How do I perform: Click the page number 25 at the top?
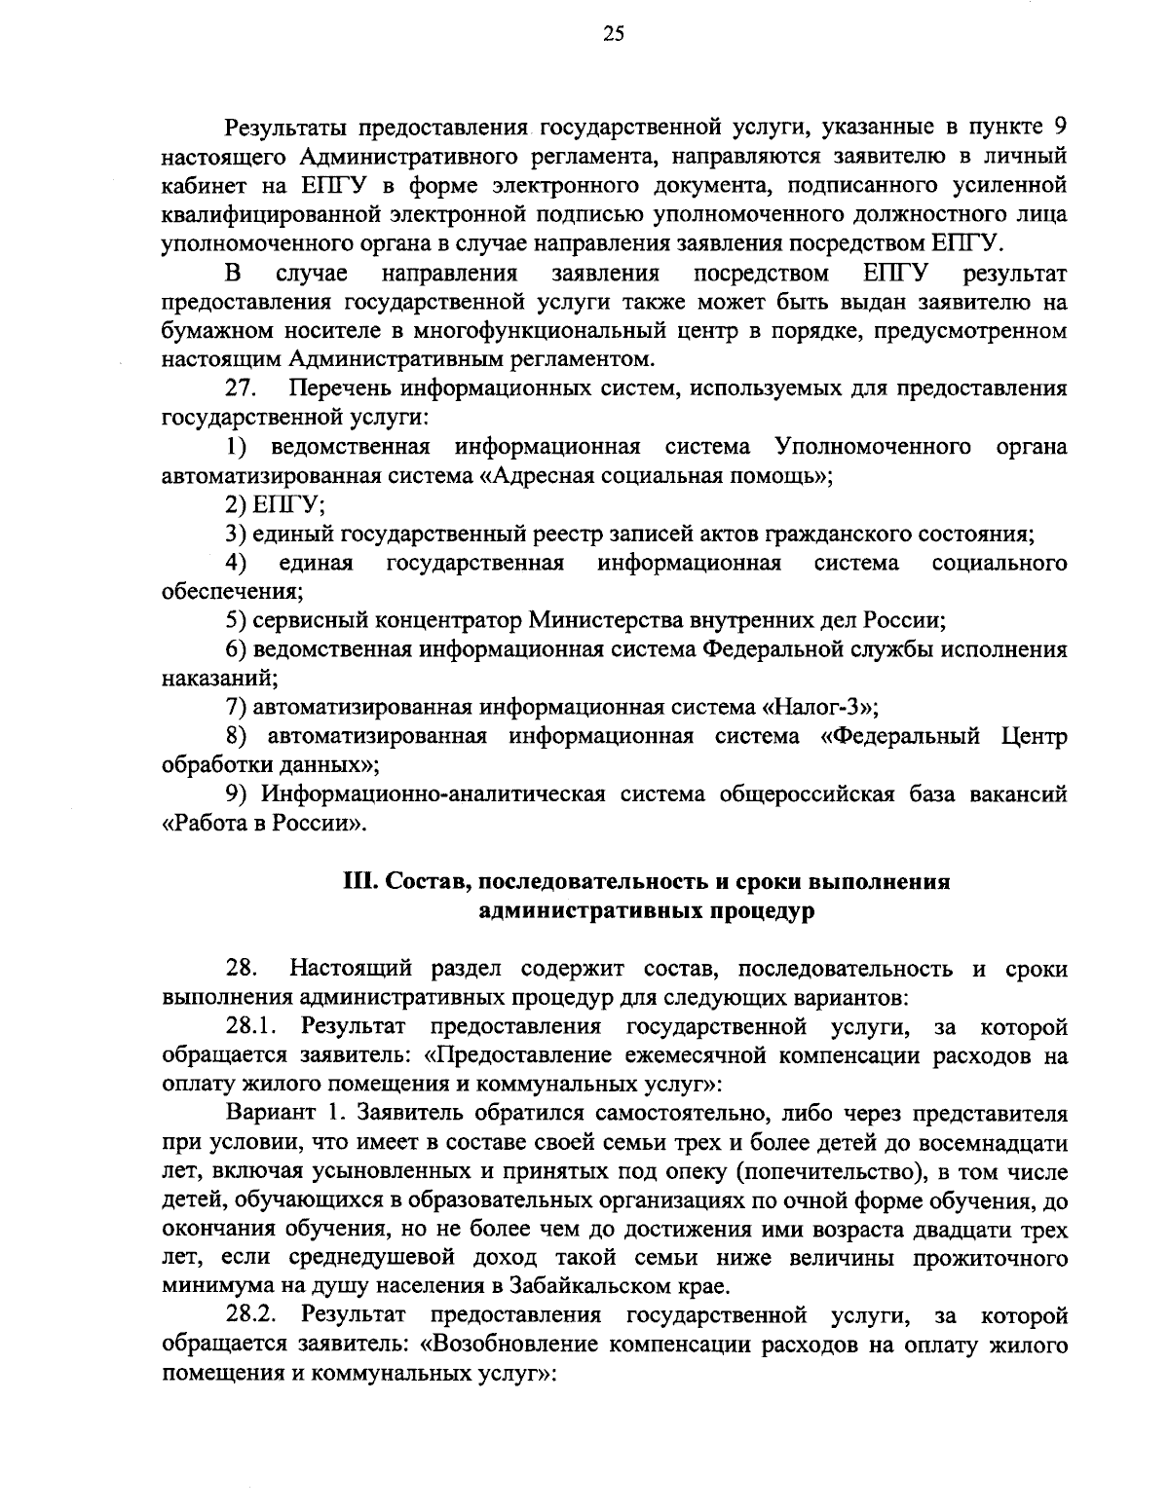tap(585, 35)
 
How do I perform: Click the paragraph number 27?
tap(241, 388)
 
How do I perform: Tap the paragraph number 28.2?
tap(253, 1316)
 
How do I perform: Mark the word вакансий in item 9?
tap(1019, 793)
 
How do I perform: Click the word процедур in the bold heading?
tap(762, 911)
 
